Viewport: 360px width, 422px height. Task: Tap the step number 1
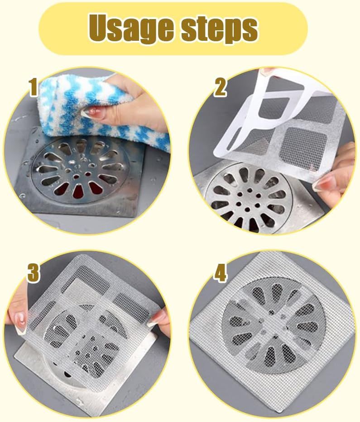34,87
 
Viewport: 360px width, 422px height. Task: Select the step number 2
220,87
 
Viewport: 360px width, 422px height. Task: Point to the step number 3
34,273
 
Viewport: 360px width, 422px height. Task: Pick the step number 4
220,272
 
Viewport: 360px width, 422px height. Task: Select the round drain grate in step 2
248,199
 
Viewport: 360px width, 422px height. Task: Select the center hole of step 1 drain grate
77,177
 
